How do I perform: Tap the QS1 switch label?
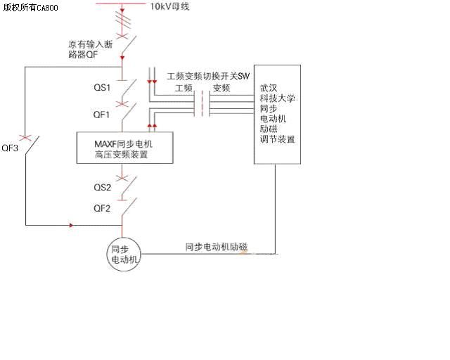[x=102, y=88]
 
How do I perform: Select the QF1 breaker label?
[x=102, y=113]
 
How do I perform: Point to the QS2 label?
[x=102, y=187]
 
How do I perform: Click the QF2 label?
[x=102, y=208]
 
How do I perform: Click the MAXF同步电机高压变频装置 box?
[x=124, y=148]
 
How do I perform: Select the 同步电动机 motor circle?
[x=123, y=254]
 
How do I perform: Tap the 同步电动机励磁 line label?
[x=217, y=247]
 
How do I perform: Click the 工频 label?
[x=184, y=88]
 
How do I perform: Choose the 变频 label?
[x=221, y=88]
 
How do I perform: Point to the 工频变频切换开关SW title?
[x=208, y=75]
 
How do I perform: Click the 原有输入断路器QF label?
[x=88, y=50]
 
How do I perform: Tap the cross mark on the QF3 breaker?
[x=26, y=135]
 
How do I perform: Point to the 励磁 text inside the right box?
[x=268, y=129]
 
